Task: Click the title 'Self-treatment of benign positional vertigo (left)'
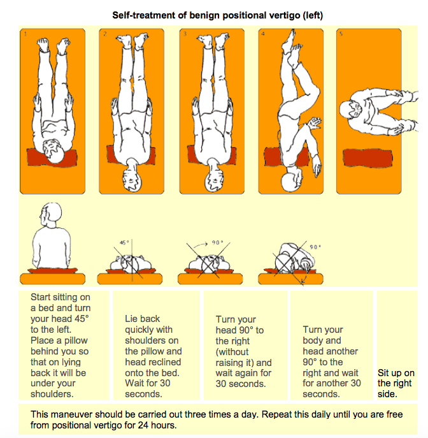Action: pyautogui.click(x=217, y=15)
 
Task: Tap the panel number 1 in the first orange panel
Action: pyautogui.click(x=26, y=33)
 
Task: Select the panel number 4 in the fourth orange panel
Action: pyautogui.click(x=264, y=33)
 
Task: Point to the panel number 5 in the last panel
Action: pyautogui.click(x=341, y=33)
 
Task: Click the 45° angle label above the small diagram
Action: pyautogui.click(x=125, y=243)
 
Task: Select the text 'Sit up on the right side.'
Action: pyautogui.click(x=396, y=383)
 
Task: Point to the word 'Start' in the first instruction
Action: pyautogui.click(x=43, y=296)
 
